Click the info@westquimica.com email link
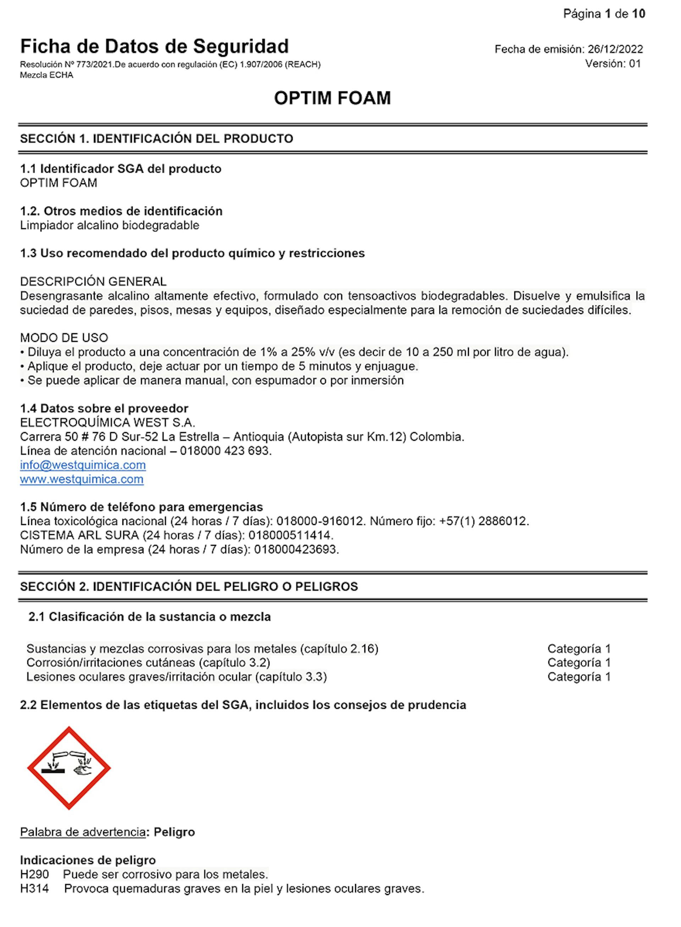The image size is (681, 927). coord(83,465)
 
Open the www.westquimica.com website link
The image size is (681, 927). coord(82,479)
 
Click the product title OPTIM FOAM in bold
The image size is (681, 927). coord(332,98)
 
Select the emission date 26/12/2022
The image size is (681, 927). coord(615,49)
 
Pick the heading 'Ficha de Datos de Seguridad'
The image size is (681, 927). coord(154,46)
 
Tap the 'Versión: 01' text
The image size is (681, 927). coord(613,63)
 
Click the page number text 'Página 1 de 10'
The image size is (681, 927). coord(604,14)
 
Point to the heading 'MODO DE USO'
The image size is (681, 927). coord(64,338)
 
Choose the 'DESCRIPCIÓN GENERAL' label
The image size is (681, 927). coord(93,282)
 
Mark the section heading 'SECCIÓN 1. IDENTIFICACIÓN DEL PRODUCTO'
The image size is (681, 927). coord(157,139)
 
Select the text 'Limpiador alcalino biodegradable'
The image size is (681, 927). coord(110,225)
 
